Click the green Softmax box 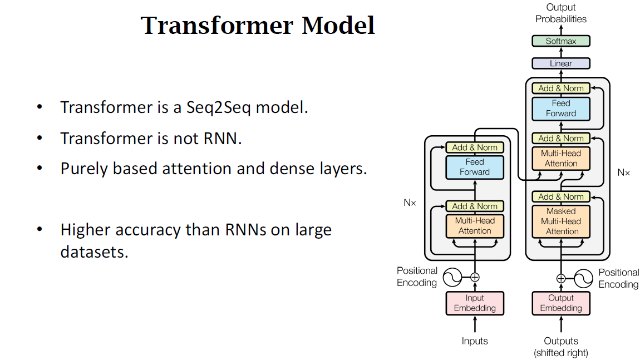[x=560, y=41]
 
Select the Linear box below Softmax [x=560, y=63]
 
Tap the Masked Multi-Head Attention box [x=560, y=221]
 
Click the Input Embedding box [x=475, y=303]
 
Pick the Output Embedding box [x=560, y=303]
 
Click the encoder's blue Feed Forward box [x=475, y=167]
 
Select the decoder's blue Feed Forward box [x=560, y=109]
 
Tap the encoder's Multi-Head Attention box [x=475, y=225]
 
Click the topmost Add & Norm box [x=560, y=88]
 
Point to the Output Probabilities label [x=560, y=13]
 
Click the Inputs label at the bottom [x=475, y=341]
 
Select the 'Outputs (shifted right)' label [x=560, y=347]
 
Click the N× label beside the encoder [x=410, y=203]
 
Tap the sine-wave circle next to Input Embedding [x=452, y=277]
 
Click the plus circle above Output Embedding [x=561, y=278]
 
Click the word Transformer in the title [x=218, y=26]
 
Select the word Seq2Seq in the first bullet [x=218, y=107]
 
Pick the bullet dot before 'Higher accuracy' [x=40, y=229]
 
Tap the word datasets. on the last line [x=94, y=252]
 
